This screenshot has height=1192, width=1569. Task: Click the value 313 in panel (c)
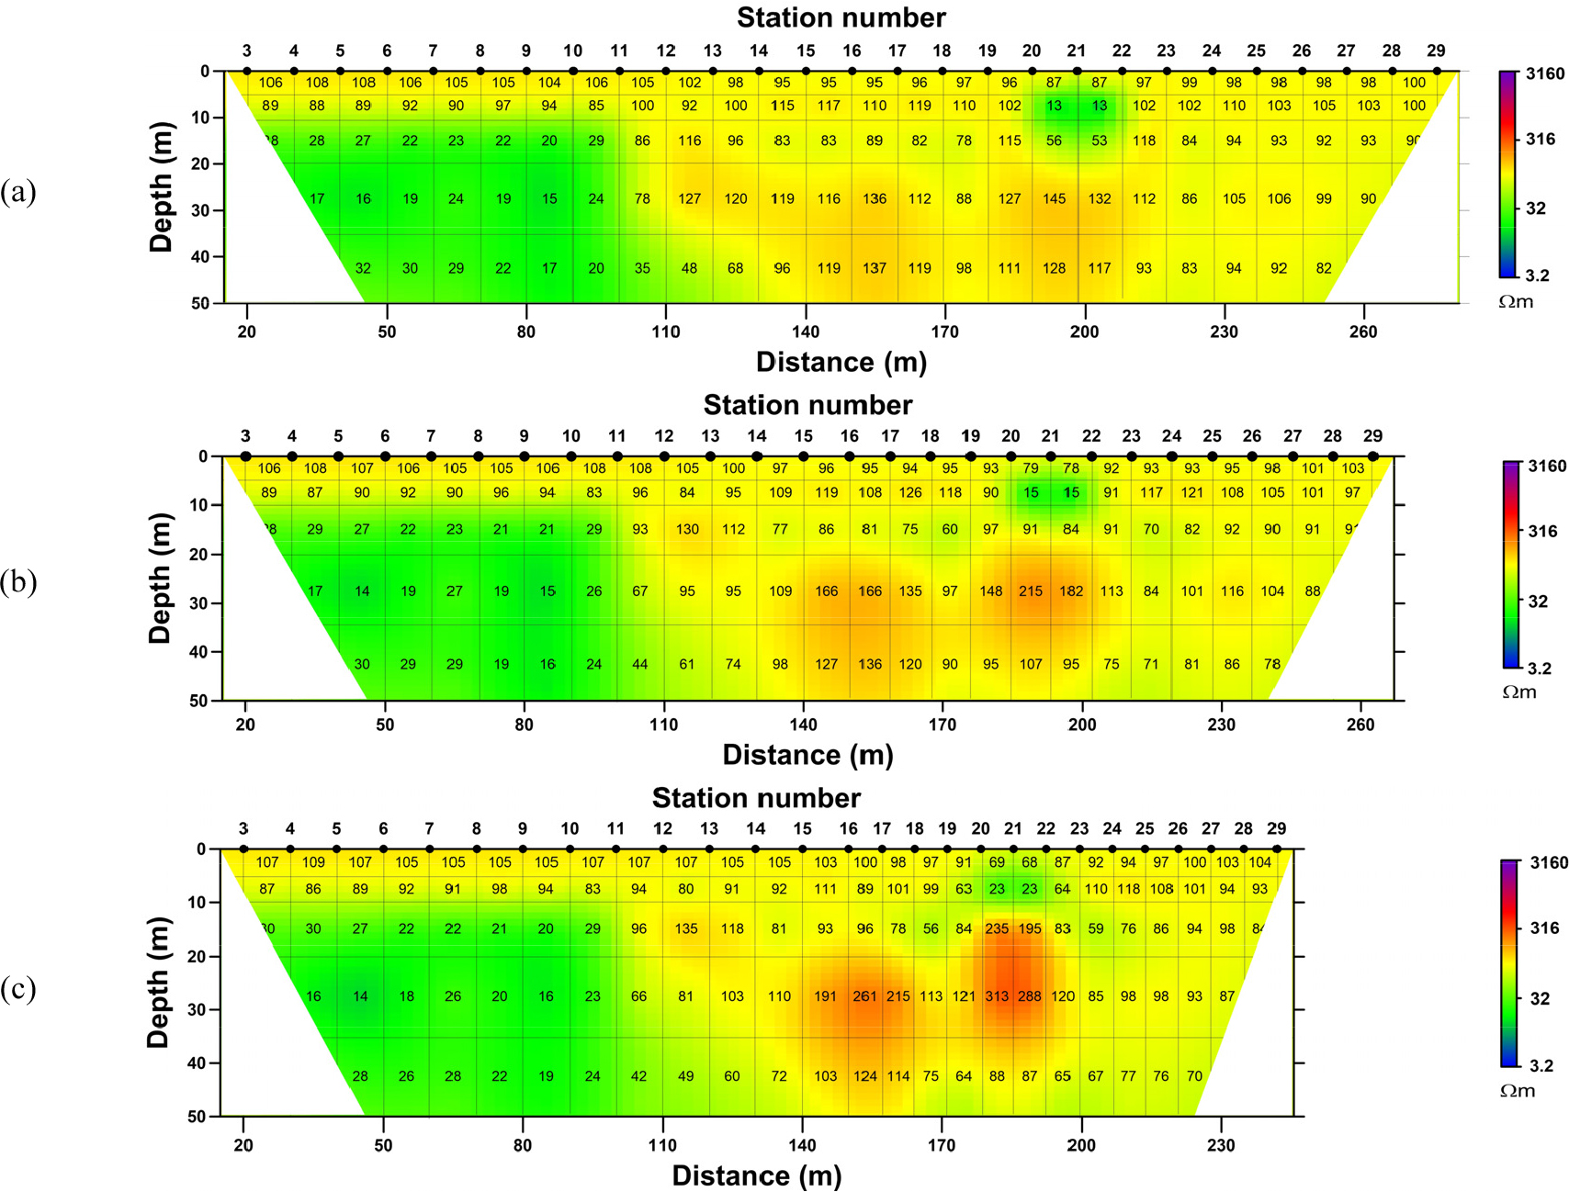(x=997, y=996)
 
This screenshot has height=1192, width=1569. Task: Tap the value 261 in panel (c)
(x=864, y=996)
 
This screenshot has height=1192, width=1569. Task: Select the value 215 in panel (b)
(x=1031, y=591)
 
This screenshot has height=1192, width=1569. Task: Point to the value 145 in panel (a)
(x=1054, y=198)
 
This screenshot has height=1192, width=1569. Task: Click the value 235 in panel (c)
(x=997, y=928)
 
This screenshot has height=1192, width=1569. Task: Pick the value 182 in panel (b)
(x=1071, y=591)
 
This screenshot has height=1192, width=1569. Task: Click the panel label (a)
(x=18, y=192)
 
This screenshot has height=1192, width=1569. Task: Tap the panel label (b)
(x=18, y=582)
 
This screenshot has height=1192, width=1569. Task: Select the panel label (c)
(x=18, y=989)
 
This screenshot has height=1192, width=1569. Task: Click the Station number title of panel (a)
(x=841, y=17)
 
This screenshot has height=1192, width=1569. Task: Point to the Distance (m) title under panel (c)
(x=756, y=1176)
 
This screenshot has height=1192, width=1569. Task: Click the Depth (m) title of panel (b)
(x=160, y=579)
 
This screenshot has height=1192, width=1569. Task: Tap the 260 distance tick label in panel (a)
(x=1362, y=332)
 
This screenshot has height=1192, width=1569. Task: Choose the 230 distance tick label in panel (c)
(x=1220, y=1145)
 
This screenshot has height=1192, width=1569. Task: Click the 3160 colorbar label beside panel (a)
(x=1545, y=73)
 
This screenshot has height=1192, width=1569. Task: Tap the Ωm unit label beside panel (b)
(x=1518, y=692)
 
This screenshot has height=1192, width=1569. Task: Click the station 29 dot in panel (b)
(x=1372, y=456)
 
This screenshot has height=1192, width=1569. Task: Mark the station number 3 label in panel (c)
(x=243, y=828)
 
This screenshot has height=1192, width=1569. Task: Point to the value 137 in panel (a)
(x=874, y=268)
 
